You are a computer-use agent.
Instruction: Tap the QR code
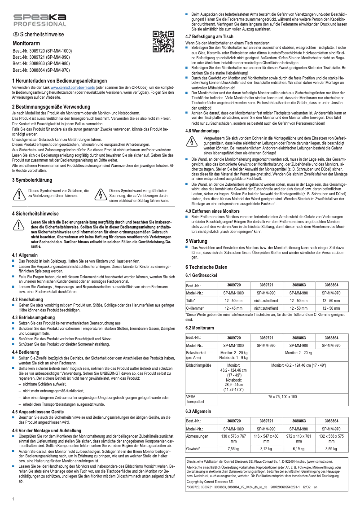[163, 41]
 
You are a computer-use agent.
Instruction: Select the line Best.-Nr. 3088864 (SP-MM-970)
[41, 70]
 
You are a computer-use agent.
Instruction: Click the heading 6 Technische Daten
[209, 267]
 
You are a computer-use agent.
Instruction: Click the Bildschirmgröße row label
[198, 366]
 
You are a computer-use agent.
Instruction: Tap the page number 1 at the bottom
[13, 499]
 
